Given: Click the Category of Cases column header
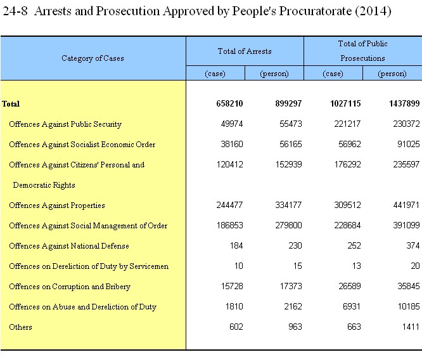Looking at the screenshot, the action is [93, 58].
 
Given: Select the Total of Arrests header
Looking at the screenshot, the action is [245, 51].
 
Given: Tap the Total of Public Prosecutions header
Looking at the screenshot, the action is [363, 51].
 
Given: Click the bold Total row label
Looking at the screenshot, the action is [11, 104].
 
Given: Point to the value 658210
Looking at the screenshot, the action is [229, 103].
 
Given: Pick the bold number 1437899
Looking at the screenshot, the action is [404, 103].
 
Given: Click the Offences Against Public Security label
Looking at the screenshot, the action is [65, 124].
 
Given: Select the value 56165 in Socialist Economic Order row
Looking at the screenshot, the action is [291, 144].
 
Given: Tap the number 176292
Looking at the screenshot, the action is [347, 164].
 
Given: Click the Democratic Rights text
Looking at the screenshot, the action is [44, 185].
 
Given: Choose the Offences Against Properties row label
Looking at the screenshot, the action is [57, 205].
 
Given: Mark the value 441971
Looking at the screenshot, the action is [406, 205].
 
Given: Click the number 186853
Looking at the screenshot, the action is [229, 225].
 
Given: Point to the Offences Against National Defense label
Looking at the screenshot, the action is [69, 246].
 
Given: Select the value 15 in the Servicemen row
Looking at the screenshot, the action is [297, 266].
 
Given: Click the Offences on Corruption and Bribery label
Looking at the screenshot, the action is [70, 287].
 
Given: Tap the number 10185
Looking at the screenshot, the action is [409, 306].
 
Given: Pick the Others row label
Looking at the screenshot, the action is [20, 327].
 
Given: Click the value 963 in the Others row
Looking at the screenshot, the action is [295, 327].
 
